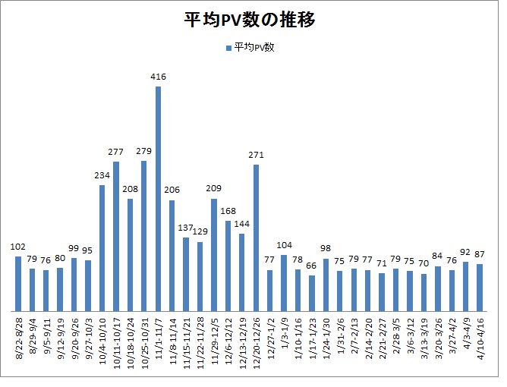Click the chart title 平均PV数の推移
[x=250, y=20]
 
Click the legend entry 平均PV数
[x=254, y=48]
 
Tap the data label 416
[x=159, y=77]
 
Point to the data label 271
[x=257, y=156]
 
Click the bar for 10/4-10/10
[x=102, y=247]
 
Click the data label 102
[x=18, y=247]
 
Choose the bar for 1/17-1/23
[x=312, y=293]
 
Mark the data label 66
[x=312, y=266]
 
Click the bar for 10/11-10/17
[x=117, y=236]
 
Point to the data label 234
[x=102, y=176]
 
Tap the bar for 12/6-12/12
[x=228, y=266]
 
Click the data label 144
[x=242, y=225]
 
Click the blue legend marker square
[x=228, y=48]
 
